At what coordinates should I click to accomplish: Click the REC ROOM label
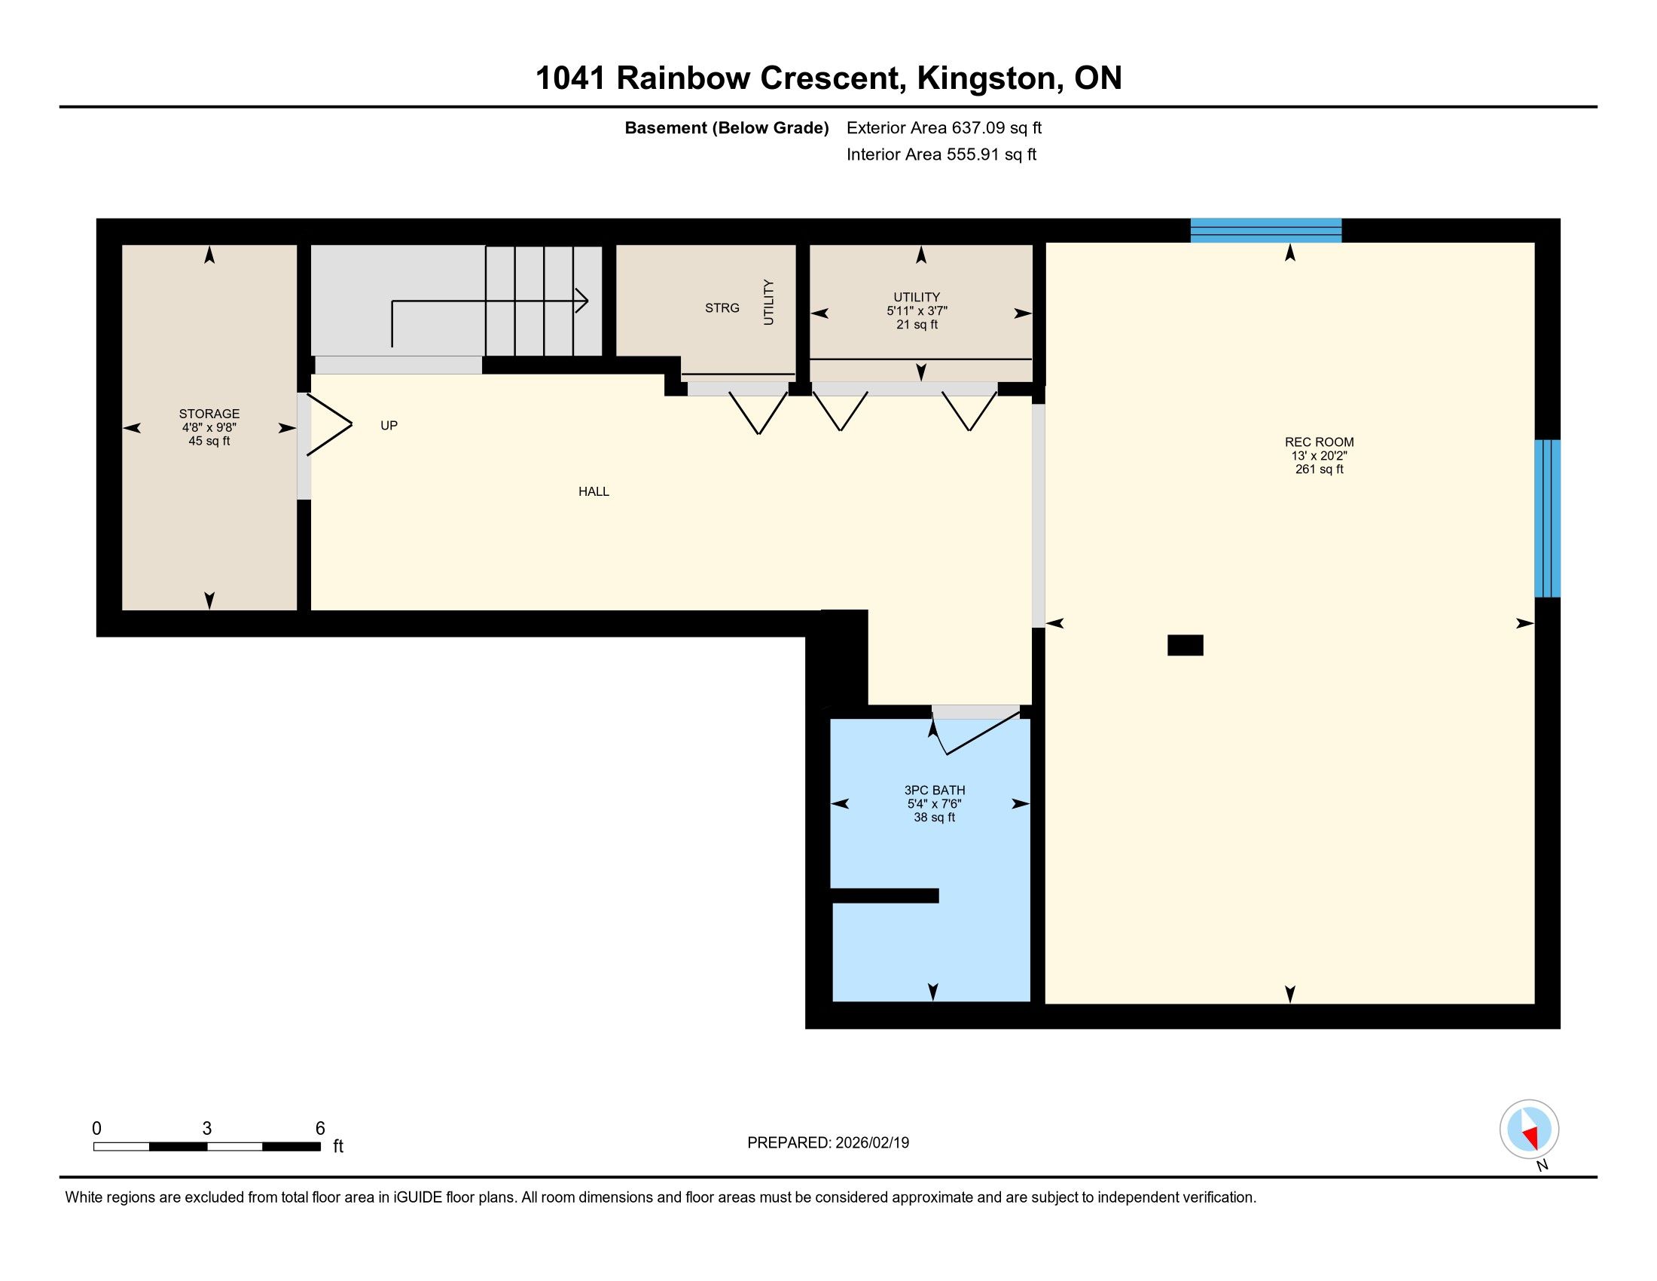pyautogui.click(x=1319, y=442)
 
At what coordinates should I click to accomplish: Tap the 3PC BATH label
pyautogui.click(x=934, y=790)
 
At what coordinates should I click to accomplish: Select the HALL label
pyautogui.click(x=594, y=492)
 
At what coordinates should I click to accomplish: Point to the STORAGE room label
pyautogui.click(x=209, y=414)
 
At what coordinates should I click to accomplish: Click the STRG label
pyautogui.click(x=722, y=308)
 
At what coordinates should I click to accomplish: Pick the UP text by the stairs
pyautogui.click(x=389, y=426)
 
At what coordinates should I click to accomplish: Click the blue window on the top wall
pyautogui.click(x=1265, y=230)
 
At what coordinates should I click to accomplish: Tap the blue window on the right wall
pyautogui.click(x=1547, y=518)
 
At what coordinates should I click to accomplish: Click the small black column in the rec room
pyautogui.click(x=1185, y=645)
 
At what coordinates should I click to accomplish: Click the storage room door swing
pyautogui.click(x=328, y=425)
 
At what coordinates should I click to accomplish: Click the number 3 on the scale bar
pyautogui.click(x=207, y=1129)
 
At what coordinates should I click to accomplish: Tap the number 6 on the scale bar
pyautogui.click(x=320, y=1129)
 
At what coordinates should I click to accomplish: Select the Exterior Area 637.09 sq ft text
pyautogui.click(x=944, y=127)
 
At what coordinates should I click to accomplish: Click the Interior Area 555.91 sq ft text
pyautogui.click(x=941, y=154)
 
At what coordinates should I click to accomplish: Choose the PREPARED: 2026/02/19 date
pyautogui.click(x=828, y=1143)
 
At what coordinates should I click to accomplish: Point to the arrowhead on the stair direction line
pyautogui.click(x=582, y=301)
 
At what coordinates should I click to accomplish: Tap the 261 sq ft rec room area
pyautogui.click(x=1319, y=469)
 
